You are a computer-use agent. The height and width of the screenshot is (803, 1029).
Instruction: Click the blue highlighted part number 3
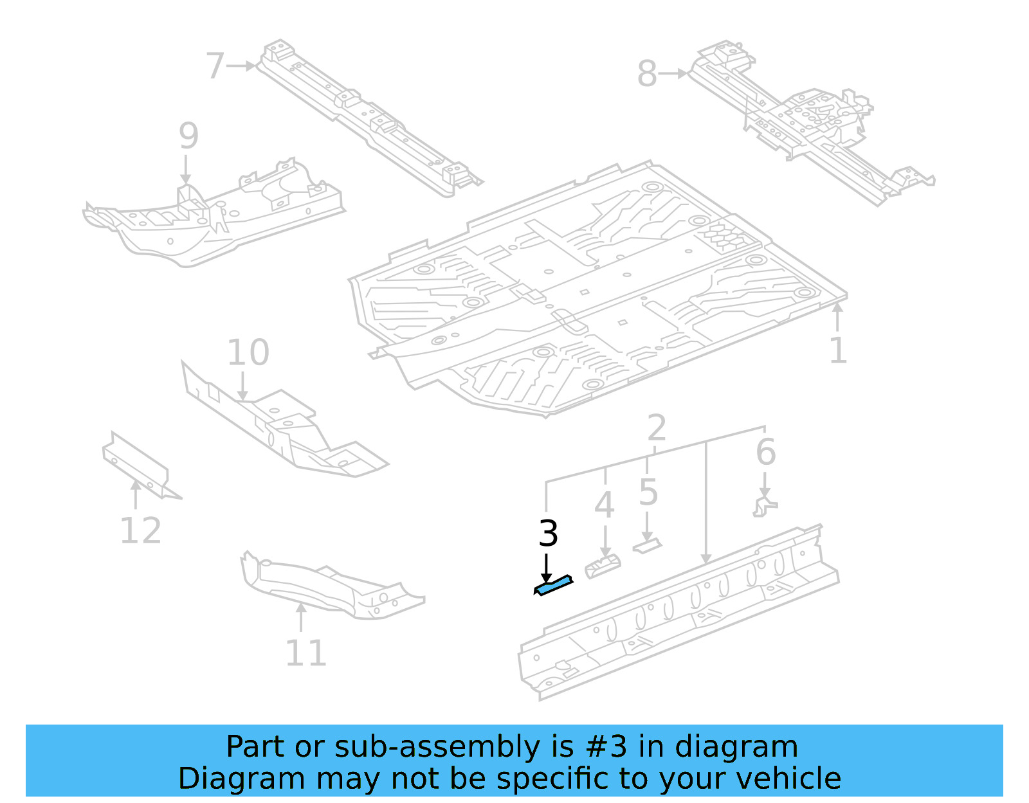(553, 586)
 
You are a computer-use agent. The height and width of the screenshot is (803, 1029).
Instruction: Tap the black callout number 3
(548, 534)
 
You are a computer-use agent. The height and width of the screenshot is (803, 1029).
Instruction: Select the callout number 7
(215, 66)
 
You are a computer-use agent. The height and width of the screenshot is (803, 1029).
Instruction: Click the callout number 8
(647, 73)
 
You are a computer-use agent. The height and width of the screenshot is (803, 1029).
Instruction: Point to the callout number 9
(188, 136)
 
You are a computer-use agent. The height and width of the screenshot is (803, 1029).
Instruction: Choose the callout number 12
(140, 531)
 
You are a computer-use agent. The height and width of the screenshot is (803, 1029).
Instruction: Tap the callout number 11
(305, 653)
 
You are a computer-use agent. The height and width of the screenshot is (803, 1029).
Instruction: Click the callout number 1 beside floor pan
(837, 351)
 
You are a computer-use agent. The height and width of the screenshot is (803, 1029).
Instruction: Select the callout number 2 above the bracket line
(656, 427)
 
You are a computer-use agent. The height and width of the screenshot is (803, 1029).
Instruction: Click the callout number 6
(765, 451)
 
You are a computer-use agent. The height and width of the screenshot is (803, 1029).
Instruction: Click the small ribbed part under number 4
(603, 567)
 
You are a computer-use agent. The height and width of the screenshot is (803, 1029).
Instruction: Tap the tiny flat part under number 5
(647, 546)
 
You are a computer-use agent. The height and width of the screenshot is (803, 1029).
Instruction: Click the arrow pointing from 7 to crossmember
(242, 66)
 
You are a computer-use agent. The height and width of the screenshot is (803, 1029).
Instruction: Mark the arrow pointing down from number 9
(186, 172)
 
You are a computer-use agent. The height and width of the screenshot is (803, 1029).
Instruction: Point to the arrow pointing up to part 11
(300, 617)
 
